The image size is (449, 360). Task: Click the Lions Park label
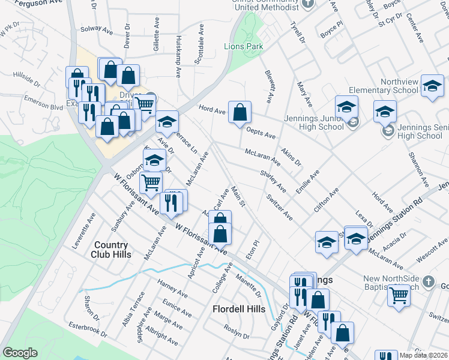click(x=243, y=46)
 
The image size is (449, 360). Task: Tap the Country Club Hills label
click(x=111, y=250)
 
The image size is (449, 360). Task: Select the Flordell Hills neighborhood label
click(x=239, y=309)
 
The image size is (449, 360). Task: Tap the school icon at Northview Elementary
click(x=432, y=86)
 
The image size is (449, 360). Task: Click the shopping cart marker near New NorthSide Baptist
click(x=399, y=295)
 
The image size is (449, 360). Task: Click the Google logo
click(x=20, y=353)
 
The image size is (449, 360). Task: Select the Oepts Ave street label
click(x=261, y=132)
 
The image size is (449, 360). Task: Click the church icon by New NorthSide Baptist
click(x=428, y=281)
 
